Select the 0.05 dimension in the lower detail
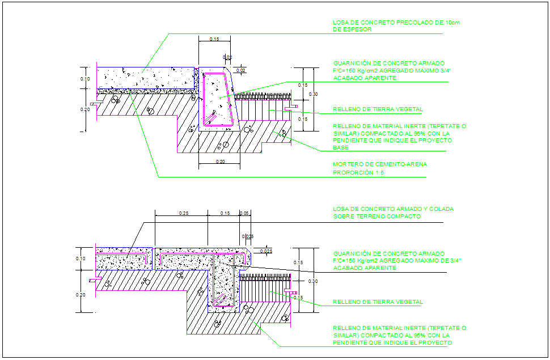[244, 213]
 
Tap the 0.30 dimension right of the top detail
[313, 94]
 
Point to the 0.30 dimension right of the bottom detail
[313, 281]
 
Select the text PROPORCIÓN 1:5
[355, 172]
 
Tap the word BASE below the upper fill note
[340, 147]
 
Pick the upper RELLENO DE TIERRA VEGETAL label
[378, 109]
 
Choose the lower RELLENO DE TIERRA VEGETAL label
[378, 302]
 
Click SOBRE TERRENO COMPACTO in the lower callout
[376, 217]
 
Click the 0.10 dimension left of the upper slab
[85, 79]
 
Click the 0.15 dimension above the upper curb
[214, 39]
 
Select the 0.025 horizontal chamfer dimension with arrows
[266, 251]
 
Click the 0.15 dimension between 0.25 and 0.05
[225, 213]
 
